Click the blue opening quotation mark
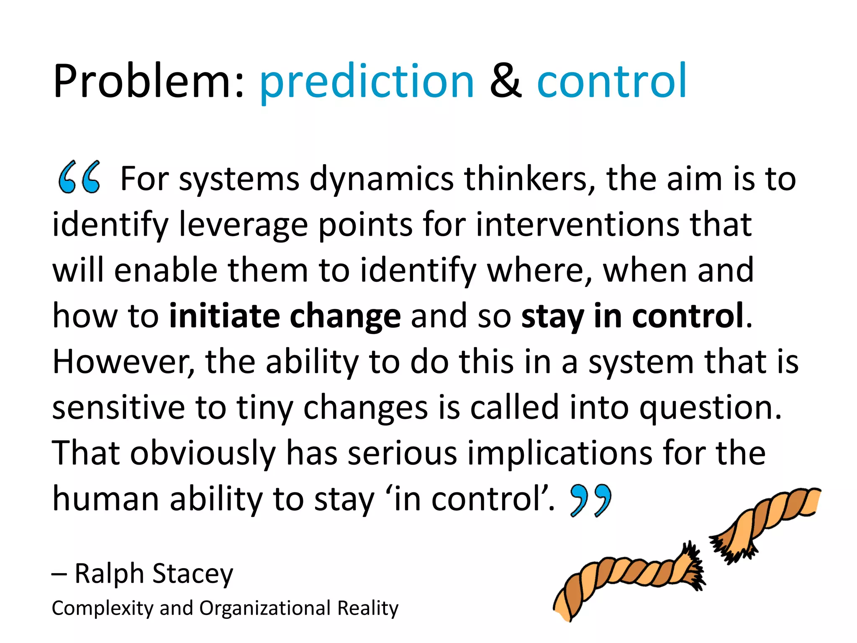coord(79,177)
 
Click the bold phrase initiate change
coord(285,316)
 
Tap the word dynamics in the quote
coord(381,179)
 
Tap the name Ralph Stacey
coord(154,574)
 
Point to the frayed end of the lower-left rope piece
coord(690,565)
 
